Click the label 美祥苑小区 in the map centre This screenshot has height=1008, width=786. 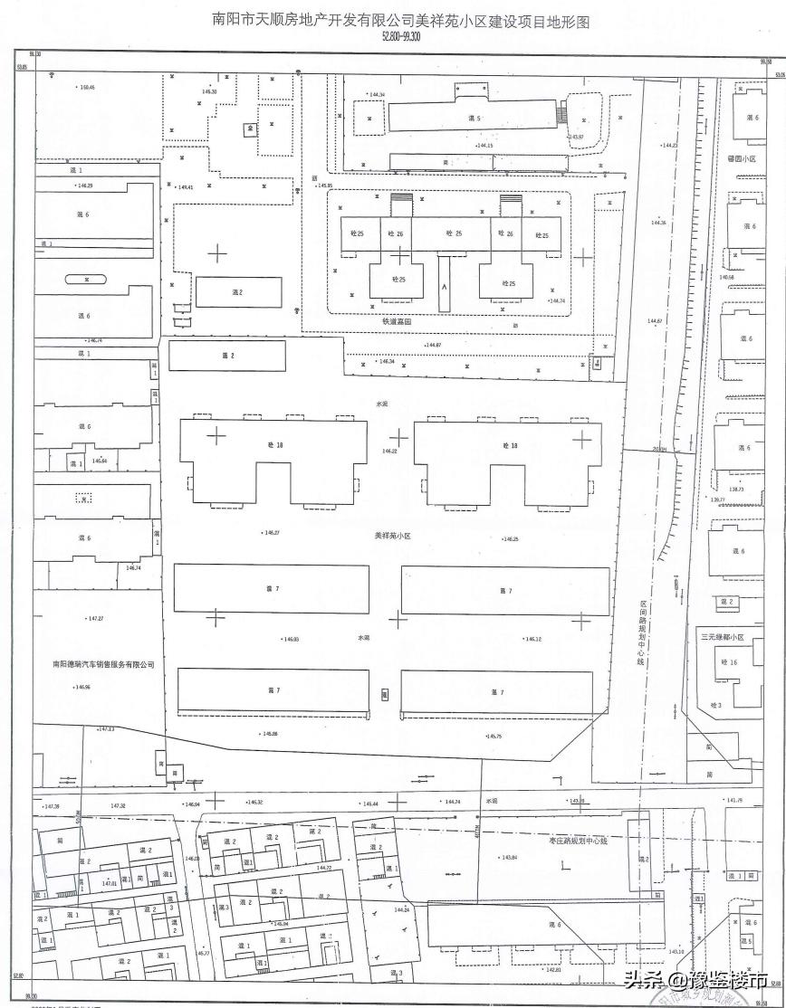(392, 536)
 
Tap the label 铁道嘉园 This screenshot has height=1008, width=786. (397, 321)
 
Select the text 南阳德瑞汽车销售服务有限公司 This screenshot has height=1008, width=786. (103, 664)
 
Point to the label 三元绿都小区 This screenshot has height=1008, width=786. (722, 638)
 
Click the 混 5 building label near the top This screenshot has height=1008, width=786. (473, 119)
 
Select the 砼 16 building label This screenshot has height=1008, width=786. (729, 662)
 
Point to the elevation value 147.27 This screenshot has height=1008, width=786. (94, 619)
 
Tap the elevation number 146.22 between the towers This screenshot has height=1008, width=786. (390, 451)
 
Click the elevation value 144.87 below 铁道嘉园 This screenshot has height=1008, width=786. (433, 345)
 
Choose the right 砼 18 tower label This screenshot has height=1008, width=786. (510, 445)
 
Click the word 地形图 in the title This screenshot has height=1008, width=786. (569, 20)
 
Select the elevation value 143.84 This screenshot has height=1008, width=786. (509, 857)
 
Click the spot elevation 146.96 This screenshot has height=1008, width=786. (82, 687)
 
